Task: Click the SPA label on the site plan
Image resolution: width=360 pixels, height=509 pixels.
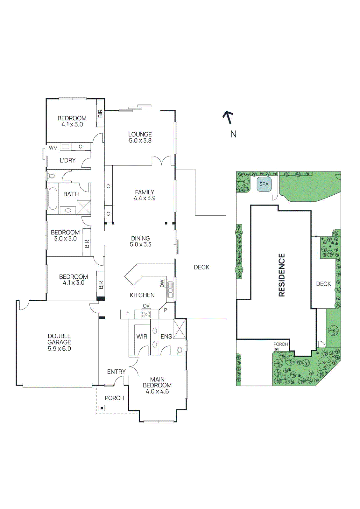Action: tap(264, 184)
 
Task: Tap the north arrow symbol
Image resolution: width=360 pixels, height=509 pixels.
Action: tap(228, 117)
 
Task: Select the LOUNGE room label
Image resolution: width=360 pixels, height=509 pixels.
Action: tap(140, 134)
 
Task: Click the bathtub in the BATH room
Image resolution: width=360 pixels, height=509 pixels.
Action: tap(53, 199)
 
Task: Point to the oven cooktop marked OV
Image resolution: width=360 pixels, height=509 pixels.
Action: tap(146, 314)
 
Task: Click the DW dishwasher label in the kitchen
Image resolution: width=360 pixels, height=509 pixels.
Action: tap(162, 283)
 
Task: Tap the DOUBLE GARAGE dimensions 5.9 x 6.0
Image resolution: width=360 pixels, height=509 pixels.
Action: tap(59, 349)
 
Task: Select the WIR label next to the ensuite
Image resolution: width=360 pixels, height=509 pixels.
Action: tap(142, 336)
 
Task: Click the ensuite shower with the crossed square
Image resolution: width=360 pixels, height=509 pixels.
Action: tap(179, 329)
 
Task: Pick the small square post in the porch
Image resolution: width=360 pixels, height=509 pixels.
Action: tap(102, 408)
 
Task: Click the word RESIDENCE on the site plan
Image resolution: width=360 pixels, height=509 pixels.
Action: tap(282, 275)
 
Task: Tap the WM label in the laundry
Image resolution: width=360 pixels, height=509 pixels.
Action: tap(53, 148)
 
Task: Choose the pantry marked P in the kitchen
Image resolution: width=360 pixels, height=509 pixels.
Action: tap(166, 310)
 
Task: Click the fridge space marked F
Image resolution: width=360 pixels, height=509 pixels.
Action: tap(128, 314)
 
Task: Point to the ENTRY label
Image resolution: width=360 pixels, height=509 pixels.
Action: tap(116, 372)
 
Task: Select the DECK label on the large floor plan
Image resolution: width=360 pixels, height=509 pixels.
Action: tap(201, 267)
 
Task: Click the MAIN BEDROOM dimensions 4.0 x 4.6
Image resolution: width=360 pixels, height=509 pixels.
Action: tap(157, 391)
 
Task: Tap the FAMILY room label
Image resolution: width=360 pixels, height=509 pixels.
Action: tap(145, 192)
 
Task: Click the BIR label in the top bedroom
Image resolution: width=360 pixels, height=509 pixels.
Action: tap(100, 114)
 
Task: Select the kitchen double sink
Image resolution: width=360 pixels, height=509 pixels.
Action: tap(170, 289)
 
